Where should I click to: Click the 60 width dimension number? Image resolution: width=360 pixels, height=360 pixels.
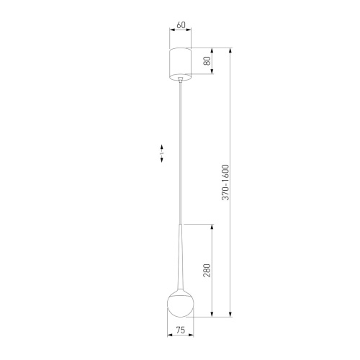click(x=180, y=25)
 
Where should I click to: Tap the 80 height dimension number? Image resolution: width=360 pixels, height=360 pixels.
click(x=207, y=63)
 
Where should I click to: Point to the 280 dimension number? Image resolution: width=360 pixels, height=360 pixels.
click(x=207, y=271)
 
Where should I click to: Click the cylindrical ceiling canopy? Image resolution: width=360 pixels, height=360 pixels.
click(x=180, y=63)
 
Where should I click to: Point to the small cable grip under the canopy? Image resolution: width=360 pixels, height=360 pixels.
click(x=180, y=81)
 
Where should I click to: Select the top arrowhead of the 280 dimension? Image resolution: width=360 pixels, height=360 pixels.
click(x=213, y=227)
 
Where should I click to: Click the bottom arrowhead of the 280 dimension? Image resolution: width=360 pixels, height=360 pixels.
click(x=213, y=316)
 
